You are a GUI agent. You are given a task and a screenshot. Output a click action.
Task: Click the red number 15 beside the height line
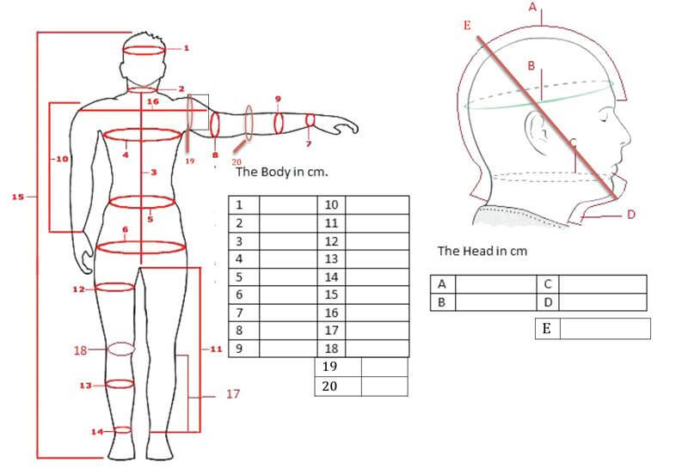click(17, 197)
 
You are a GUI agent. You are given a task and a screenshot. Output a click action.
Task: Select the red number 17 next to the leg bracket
click(233, 394)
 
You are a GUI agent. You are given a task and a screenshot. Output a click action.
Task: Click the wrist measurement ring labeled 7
click(310, 119)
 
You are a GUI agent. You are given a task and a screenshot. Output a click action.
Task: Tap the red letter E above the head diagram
click(467, 26)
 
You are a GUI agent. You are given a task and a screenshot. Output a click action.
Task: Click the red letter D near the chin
click(630, 214)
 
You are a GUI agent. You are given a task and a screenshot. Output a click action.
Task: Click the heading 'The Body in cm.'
click(282, 172)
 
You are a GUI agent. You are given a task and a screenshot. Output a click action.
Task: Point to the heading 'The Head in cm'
click(482, 251)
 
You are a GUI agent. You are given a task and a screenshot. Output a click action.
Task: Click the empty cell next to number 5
click(288, 276)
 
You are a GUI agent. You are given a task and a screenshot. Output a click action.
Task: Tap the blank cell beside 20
click(384, 386)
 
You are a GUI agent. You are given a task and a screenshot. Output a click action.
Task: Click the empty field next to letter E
click(605, 329)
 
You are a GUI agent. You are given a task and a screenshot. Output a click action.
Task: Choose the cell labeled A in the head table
click(443, 284)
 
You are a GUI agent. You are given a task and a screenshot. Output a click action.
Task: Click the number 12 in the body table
click(331, 241)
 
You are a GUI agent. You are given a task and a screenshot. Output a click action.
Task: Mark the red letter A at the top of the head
click(532, 7)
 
